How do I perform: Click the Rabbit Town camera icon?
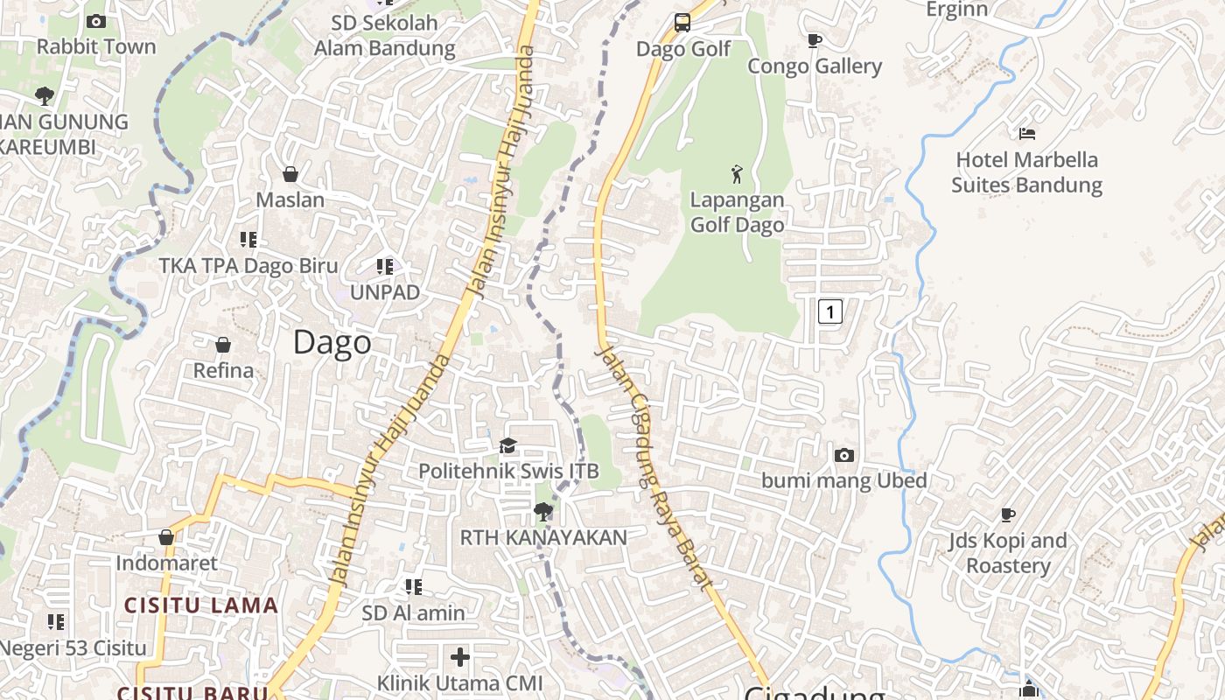[x=96, y=22]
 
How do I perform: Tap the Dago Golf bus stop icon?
[x=682, y=23]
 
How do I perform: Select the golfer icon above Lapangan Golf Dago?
[x=737, y=174]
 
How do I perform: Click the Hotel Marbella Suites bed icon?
[x=1027, y=134]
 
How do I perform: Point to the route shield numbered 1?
[x=829, y=311]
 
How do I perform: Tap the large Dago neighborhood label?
[x=332, y=342]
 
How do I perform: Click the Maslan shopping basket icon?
[x=290, y=175]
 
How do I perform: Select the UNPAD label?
[x=385, y=292]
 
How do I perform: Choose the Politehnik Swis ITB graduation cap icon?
[x=508, y=446]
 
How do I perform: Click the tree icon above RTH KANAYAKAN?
[x=543, y=511]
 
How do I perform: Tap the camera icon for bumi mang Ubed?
[x=844, y=455]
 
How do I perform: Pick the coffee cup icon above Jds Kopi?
[x=1008, y=514]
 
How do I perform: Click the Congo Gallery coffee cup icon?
[x=815, y=40]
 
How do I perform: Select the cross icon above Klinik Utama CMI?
[x=460, y=656]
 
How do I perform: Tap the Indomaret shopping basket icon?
[x=166, y=537]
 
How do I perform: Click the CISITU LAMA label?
[x=200, y=605]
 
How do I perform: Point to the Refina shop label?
[x=223, y=370]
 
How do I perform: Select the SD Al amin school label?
[x=414, y=613]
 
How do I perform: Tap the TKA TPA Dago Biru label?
[x=248, y=266]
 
